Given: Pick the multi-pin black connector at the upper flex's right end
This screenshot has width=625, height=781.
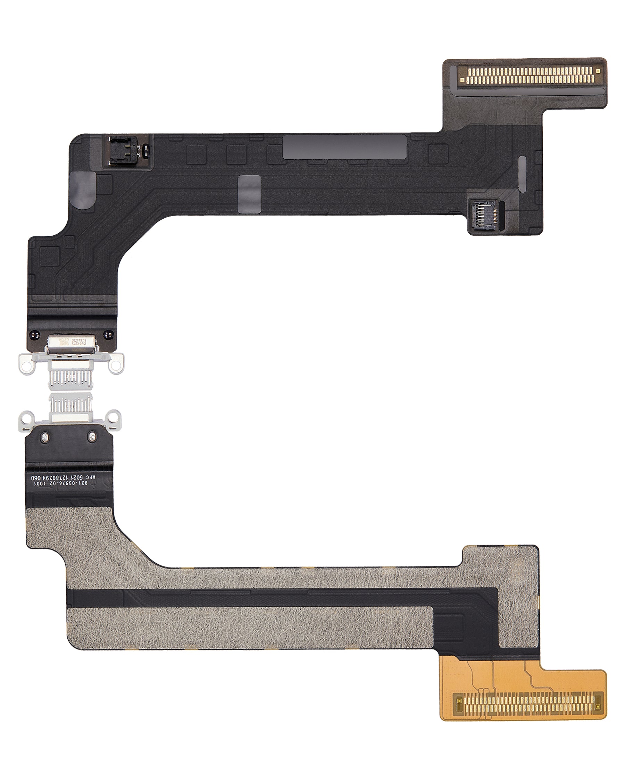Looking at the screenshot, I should click(484, 217).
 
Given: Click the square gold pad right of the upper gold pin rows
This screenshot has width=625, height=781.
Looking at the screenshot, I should click(598, 72).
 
